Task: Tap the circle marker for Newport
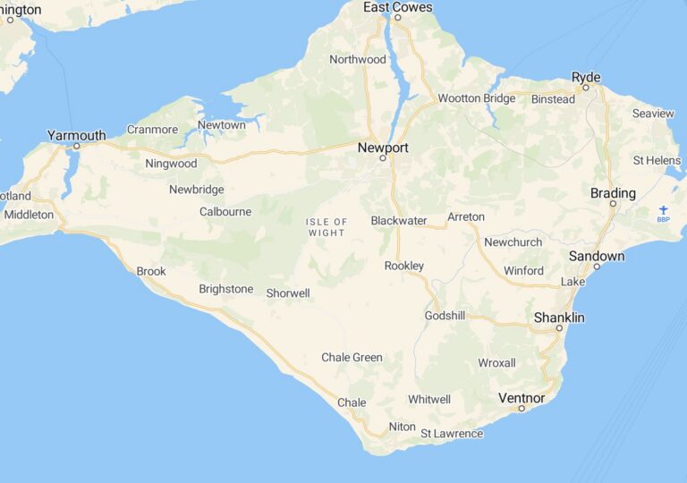(382, 158)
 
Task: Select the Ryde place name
(586, 77)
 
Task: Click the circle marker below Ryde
(585, 88)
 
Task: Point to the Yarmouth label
(76, 136)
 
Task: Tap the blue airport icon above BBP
(663, 209)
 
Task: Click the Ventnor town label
(522, 397)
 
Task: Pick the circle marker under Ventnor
(522, 409)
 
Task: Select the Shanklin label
(559, 318)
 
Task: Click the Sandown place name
(597, 257)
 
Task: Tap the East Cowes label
(397, 7)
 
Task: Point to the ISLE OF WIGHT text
(327, 227)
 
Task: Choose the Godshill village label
(445, 317)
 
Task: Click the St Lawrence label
(452, 434)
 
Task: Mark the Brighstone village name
(225, 290)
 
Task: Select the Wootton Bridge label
(477, 98)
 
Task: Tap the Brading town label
(614, 193)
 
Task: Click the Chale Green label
(352, 358)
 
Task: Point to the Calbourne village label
(225, 212)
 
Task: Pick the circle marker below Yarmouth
(76, 146)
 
